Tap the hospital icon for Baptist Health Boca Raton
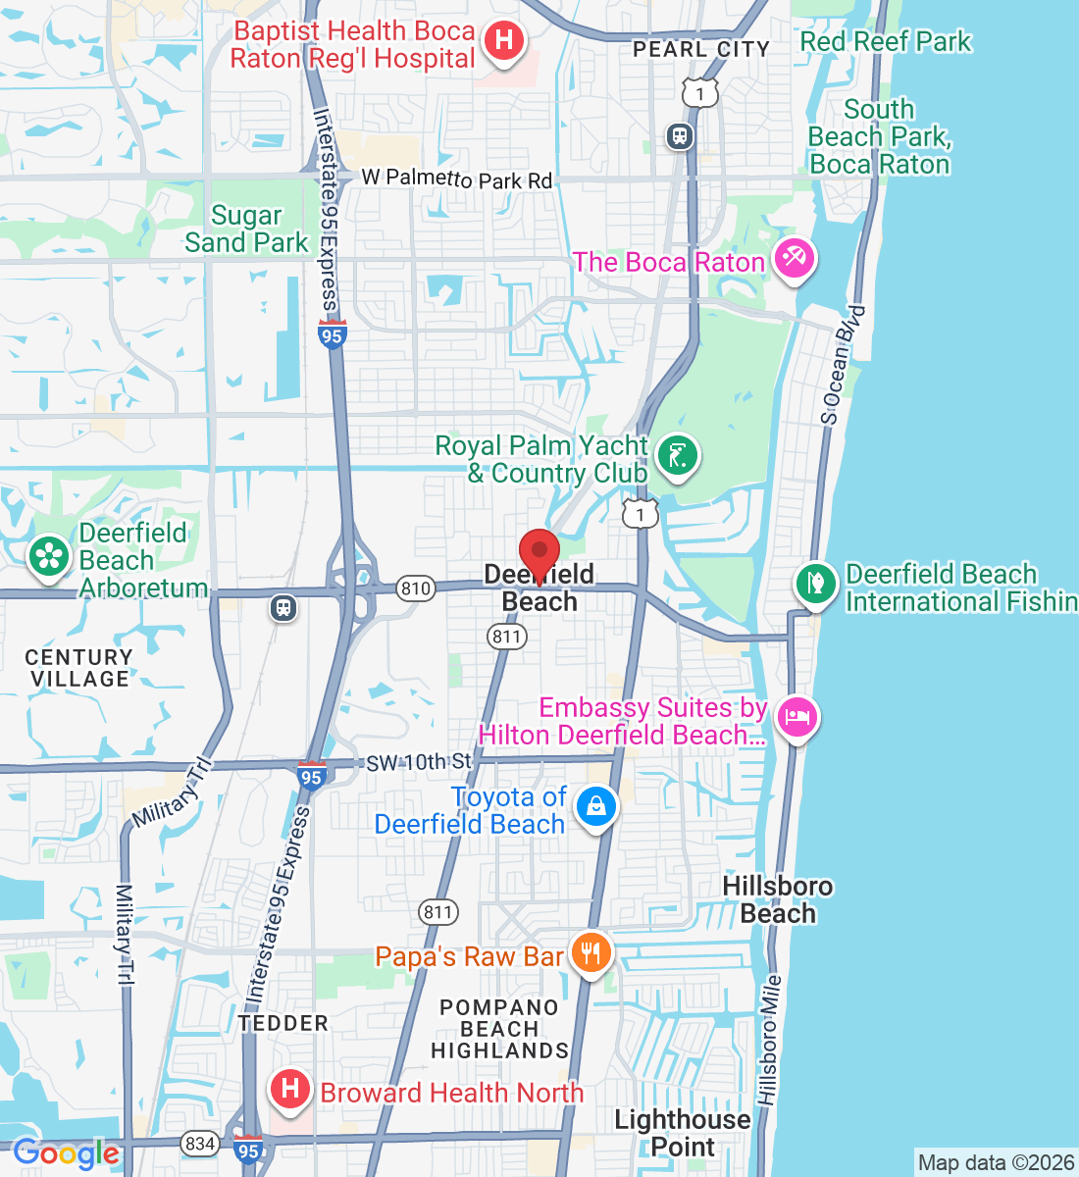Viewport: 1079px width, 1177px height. [503, 41]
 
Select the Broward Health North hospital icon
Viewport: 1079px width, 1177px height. [290, 1089]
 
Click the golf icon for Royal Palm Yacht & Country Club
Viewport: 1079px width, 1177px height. [677, 455]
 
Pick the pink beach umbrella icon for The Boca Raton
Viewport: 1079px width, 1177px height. [794, 259]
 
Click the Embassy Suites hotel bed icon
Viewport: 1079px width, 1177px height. [796, 717]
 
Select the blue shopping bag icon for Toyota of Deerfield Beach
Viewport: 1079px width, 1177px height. [595, 807]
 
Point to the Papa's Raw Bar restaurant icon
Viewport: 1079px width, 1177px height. [591, 951]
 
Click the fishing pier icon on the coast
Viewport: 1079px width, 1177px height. [815, 584]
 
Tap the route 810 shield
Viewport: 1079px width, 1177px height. [416, 588]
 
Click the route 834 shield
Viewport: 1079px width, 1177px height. [200, 1143]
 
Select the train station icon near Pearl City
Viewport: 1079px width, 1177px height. [679, 136]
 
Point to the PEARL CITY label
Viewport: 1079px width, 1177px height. [700, 49]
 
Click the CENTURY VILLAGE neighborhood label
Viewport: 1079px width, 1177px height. [78, 668]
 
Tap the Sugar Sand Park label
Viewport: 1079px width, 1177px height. [247, 229]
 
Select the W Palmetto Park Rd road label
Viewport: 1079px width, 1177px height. [456, 179]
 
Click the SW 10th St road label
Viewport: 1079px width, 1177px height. [418, 763]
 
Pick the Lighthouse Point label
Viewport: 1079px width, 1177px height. [682, 1133]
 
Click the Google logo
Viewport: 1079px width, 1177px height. [67, 1153]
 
